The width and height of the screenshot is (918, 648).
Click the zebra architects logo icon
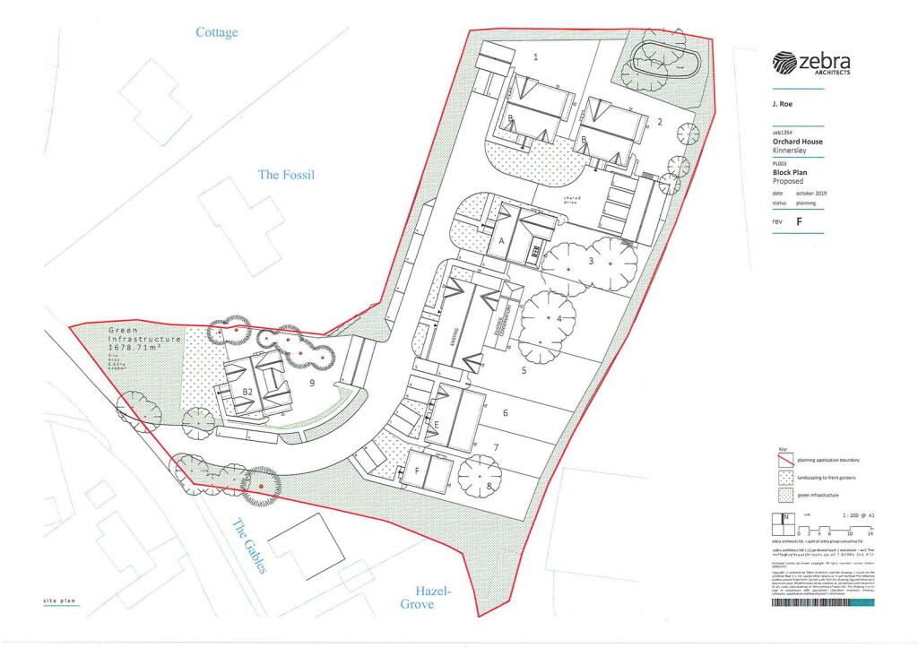click(x=784, y=62)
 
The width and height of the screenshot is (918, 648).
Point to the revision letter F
click(x=799, y=221)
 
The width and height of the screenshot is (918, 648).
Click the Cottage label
click(x=217, y=33)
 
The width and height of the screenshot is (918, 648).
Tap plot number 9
click(x=311, y=384)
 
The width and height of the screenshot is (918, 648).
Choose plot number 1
click(x=536, y=56)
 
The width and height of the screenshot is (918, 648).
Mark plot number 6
click(x=506, y=413)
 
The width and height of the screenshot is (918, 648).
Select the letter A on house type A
click(x=502, y=242)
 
